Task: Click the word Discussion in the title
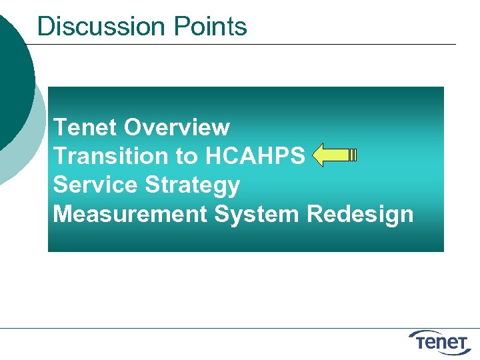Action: click(x=101, y=27)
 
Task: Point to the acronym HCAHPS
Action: click(x=255, y=156)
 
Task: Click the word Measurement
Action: click(x=130, y=214)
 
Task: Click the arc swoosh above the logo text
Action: click(x=433, y=332)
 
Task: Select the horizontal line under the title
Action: click(x=240, y=45)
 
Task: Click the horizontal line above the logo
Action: click(x=240, y=327)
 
